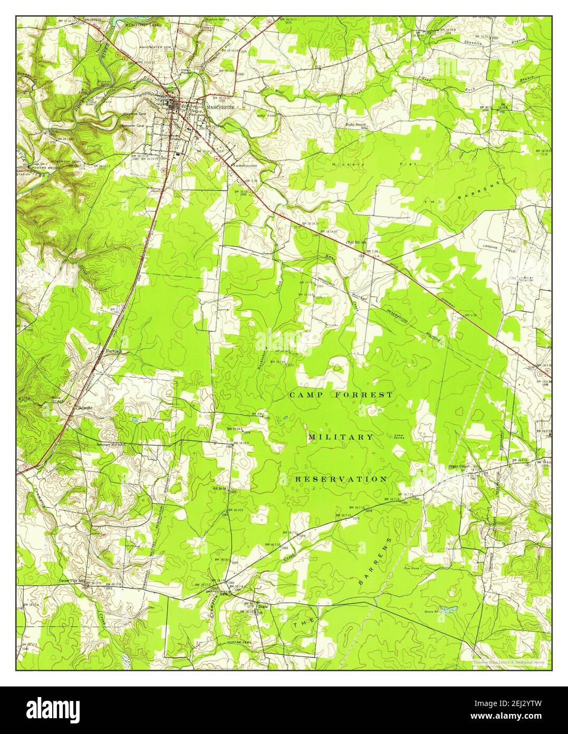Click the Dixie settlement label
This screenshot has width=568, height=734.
pyautogui.click(x=263, y=607)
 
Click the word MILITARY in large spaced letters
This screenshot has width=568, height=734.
pyautogui.click(x=341, y=437)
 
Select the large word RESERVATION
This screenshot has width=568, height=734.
pyautogui.click(x=341, y=479)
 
